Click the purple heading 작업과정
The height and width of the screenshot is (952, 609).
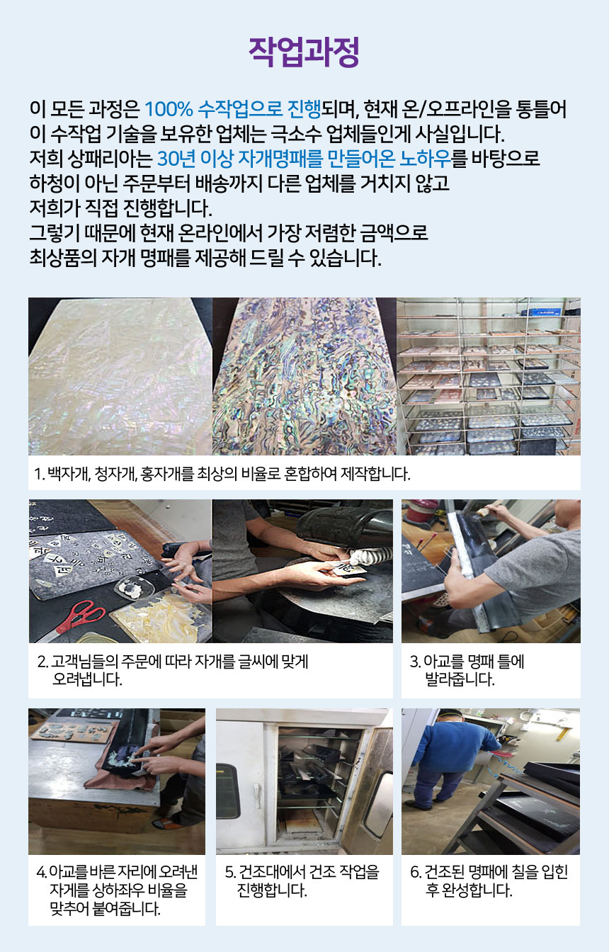point(304,52)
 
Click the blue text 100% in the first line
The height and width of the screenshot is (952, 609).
point(169,109)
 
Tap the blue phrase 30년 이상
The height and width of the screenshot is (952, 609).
point(195,159)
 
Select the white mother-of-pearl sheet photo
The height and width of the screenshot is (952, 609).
point(120,376)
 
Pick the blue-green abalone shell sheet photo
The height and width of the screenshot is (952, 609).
point(304,376)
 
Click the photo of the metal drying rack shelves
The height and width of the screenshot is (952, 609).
point(489,376)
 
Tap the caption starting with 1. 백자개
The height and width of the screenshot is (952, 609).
point(222,473)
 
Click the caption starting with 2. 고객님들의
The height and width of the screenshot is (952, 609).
point(173,670)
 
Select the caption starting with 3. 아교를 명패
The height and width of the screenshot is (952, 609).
point(467,670)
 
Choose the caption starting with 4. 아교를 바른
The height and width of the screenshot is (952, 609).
point(117,890)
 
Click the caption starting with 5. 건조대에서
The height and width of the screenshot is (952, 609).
point(302,881)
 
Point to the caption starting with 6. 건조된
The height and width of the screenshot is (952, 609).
point(489,881)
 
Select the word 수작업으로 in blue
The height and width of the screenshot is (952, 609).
point(240,109)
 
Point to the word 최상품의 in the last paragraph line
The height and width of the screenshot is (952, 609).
point(63,258)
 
